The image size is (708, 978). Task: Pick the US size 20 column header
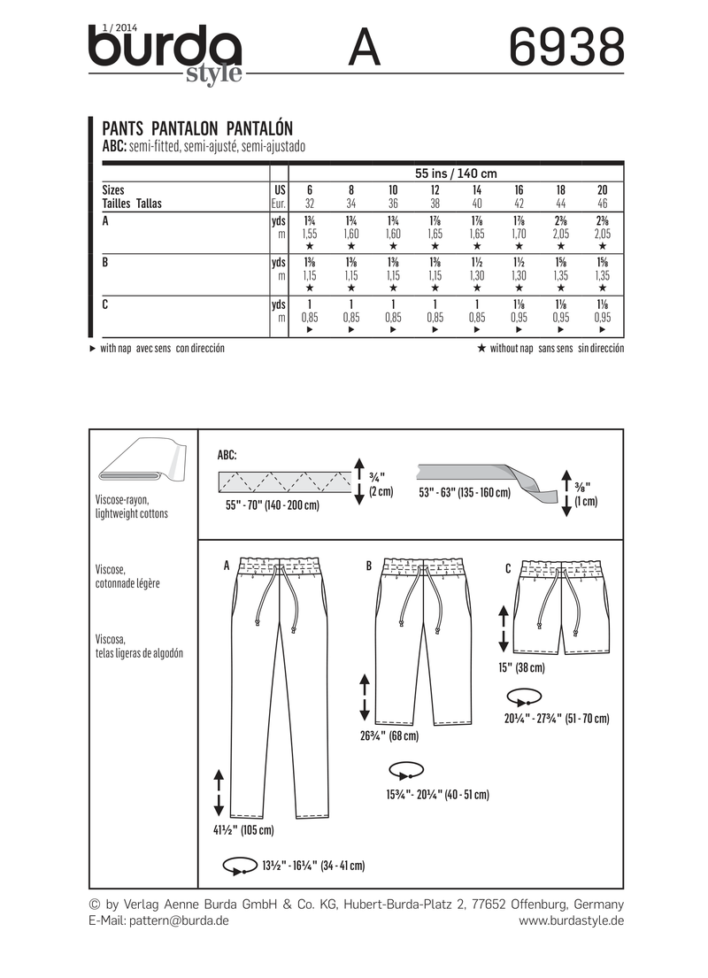point(603,190)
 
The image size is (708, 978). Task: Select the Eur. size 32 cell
point(309,203)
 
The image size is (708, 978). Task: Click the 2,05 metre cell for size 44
point(561,235)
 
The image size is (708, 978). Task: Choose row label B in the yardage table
point(105,263)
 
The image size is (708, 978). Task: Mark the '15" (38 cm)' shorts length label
point(522,667)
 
